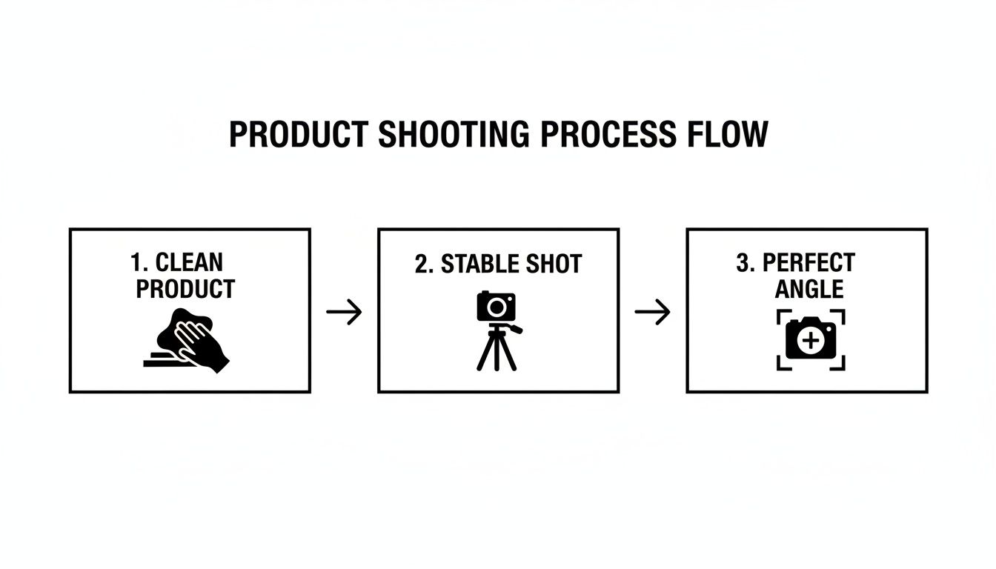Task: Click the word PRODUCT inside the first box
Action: pyautogui.click(x=185, y=289)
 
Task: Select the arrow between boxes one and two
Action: pyautogui.click(x=344, y=312)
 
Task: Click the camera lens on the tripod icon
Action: pyautogui.click(x=497, y=305)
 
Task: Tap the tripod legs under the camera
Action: pyautogui.click(x=496, y=352)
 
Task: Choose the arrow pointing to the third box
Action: pyautogui.click(x=652, y=312)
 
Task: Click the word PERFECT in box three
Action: pyautogui.click(x=809, y=263)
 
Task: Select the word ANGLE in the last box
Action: pyautogui.click(x=809, y=289)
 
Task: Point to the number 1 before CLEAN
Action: pyautogui.click(x=136, y=263)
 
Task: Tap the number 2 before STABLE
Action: pyautogui.click(x=422, y=264)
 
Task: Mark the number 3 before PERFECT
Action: pyautogui.click(x=743, y=263)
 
